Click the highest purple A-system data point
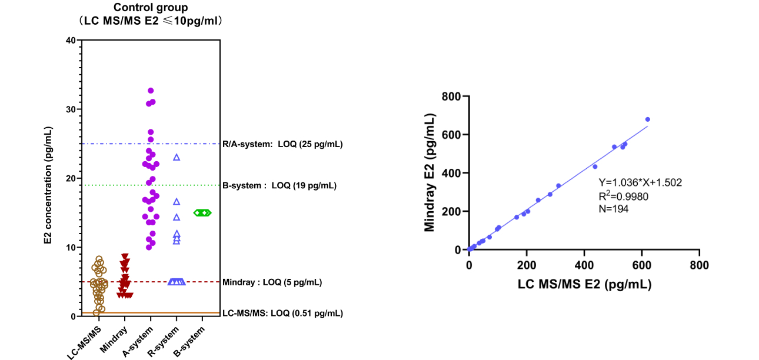(151, 91)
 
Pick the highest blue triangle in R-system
(177, 157)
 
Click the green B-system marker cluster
(202, 212)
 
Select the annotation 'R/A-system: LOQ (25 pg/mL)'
(282, 144)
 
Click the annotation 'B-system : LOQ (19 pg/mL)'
(279, 186)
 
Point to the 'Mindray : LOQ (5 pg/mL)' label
(272, 282)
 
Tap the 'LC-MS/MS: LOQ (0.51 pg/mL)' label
(282, 314)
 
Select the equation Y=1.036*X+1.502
(640, 182)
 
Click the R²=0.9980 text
(624, 196)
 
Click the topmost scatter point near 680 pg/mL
(647, 119)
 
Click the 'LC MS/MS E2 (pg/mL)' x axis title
(584, 284)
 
